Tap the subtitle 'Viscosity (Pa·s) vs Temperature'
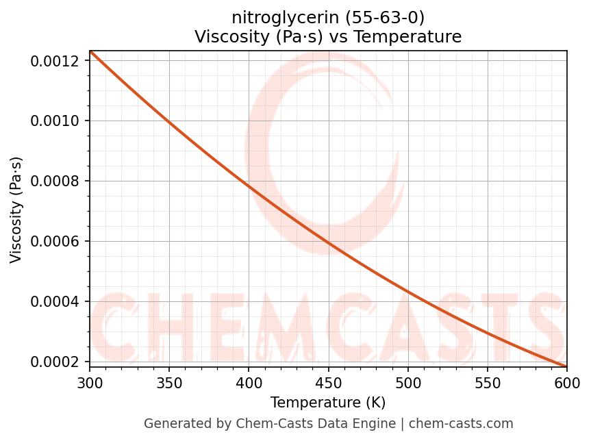point(328,36)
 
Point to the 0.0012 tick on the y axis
point(59,61)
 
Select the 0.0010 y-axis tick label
point(59,121)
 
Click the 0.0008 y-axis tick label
point(59,181)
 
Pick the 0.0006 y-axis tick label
point(59,242)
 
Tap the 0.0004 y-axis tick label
point(59,302)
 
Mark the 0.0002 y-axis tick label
point(59,362)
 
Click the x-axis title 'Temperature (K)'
point(328,402)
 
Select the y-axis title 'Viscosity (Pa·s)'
point(16,210)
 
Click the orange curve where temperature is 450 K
point(328,242)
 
